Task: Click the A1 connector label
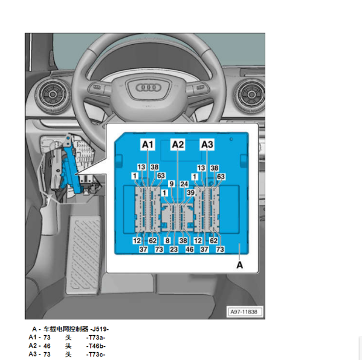(x=147, y=145)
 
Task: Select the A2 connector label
(x=178, y=145)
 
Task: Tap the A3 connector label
(x=207, y=145)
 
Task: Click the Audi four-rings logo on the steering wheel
(x=149, y=87)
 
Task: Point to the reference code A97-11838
(x=244, y=312)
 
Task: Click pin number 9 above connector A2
(x=172, y=184)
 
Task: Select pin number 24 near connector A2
(x=184, y=184)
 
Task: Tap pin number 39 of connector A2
(x=191, y=192)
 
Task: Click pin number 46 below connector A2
(x=190, y=249)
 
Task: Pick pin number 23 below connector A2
(x=174, y=249)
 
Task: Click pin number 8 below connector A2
(x=167, y=241)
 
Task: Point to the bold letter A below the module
(x=240, y=265)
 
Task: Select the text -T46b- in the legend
(x=96, y=346)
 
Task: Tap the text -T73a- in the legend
(x=96, y=338)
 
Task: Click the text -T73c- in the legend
(x=96, y=354)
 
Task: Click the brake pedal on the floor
(x=83, y=254)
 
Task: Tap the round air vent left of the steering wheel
(x=53, y=94)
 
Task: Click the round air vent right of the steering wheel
(x=251, y=94)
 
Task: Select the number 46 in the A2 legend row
(x=47, y=346)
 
